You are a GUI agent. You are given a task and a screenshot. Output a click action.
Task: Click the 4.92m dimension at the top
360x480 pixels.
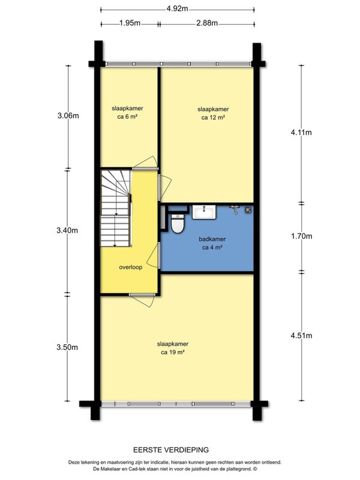[x=177, y=9]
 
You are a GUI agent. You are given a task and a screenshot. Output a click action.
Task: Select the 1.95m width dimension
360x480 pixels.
[x=129, y=24]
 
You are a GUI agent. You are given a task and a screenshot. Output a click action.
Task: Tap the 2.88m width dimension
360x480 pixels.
[x=206, y=24]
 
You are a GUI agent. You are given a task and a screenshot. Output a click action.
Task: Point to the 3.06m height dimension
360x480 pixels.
[x=68, y=116]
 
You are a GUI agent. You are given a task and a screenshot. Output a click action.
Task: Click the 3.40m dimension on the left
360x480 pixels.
[x=68, y=230]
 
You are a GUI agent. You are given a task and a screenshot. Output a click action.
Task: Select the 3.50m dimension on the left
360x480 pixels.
[x=68, y=347]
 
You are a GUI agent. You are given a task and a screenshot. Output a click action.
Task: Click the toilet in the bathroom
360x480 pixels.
[x=178, y=223]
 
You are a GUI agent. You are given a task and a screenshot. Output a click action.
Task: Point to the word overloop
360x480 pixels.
[x=130, y=268]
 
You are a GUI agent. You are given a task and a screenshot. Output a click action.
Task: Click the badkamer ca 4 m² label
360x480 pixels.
[x=212, y=243]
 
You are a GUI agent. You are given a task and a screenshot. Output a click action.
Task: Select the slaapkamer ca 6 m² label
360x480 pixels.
[x=127, y=113]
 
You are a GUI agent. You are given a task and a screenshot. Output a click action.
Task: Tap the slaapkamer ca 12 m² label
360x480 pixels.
[x=213, y=113]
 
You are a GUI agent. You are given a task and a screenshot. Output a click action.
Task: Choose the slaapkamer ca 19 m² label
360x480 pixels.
[x=172, y=348]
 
